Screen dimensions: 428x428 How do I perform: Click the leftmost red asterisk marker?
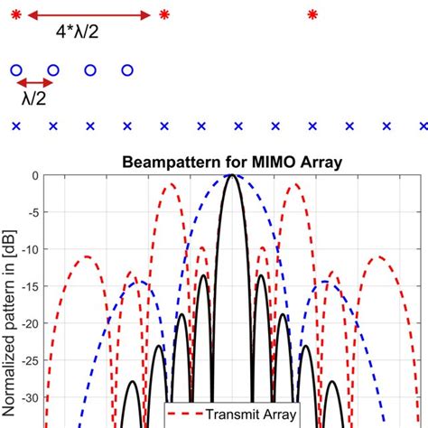[x=15, y=15]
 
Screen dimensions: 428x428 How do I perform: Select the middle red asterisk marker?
[x=163, y=15]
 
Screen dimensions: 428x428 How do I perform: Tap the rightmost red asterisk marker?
[x=312, y=15]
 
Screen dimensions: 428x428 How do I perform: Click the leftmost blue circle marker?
[x=15, y=70]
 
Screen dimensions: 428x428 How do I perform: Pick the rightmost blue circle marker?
[x=127, y=70]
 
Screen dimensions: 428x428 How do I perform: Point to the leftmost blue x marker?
[x=15, y=126]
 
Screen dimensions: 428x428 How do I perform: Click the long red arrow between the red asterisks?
[x=89, y=15]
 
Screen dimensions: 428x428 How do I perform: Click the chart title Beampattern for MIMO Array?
[x=234, y=163]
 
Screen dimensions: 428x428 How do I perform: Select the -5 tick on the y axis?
[x=32, y=212]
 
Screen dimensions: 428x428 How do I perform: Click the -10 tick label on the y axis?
[x=29, y=249]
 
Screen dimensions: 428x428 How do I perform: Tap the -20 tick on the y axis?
[x=29, y=323]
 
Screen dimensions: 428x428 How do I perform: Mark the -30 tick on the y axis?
[x=29, y=397]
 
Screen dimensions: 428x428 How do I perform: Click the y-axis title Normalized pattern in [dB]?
[x=10, y=298]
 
